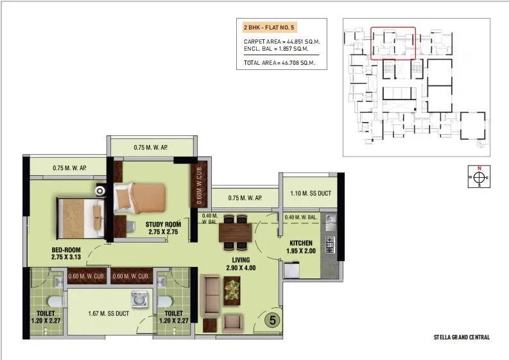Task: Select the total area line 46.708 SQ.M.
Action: (x=282, y=63)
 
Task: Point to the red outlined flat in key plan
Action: (x=393, y=43)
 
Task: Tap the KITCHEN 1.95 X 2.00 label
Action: (x=300, y=247)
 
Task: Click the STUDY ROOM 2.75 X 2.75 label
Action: (x=163, y=228)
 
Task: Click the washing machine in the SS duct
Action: (x=138, y=299)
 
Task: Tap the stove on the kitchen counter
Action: (x=331, y=244)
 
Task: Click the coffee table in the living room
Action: (x=231, y=290)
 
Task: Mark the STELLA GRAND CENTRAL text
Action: (x=462, y=337)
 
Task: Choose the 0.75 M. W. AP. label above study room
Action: (x=150, y=148)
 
